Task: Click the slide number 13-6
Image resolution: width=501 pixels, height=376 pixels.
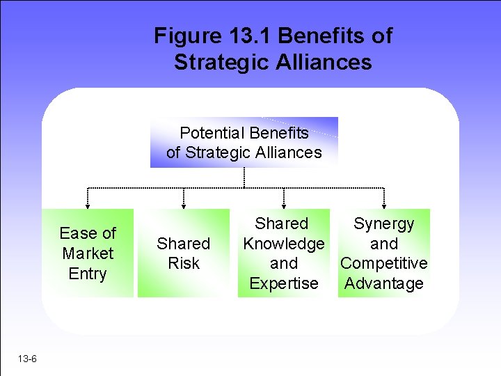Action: point(29,359)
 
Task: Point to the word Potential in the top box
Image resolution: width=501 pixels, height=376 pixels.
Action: point(211,132)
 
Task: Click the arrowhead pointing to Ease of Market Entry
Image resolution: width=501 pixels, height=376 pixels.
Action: point(88,205)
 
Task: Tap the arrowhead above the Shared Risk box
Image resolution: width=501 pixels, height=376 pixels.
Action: point(184,205)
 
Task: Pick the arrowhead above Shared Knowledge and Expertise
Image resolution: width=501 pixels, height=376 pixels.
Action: point(284,205)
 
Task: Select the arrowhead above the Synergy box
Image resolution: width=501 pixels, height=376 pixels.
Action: point(384,205)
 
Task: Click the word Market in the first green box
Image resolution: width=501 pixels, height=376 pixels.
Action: point(88,253)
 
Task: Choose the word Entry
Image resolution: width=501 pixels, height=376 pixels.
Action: point(88,273)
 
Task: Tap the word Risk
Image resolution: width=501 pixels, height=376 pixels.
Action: point(184,263)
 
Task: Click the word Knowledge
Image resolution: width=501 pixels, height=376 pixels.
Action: point(283,244)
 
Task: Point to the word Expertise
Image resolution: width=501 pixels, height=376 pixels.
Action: point(283,283)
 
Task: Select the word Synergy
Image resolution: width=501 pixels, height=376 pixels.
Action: point(383,224)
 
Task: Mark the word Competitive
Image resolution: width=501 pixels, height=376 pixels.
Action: point(383,263)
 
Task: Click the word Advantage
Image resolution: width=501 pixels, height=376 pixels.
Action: point(383,283)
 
